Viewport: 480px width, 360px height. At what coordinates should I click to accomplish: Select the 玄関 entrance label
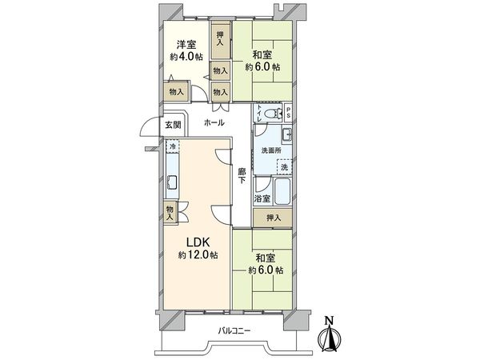pyautogui.click(x=173, y=125)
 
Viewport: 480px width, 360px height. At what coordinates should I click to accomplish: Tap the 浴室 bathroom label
pyautogui.click(x=262, y=197)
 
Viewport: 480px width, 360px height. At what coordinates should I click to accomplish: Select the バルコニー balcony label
pyautogui.click(x=233, y=330)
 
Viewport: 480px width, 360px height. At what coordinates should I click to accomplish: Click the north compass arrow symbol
pyautogui.click(x=329, y=334)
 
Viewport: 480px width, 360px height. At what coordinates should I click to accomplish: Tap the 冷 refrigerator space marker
pyautogui.click(x=173, y=147)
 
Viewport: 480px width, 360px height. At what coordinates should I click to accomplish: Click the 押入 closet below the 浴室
pyautogui.click(x=273, y=217)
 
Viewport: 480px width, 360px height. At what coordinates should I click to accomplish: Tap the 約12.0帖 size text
pyautogui.click(x=194, y=255)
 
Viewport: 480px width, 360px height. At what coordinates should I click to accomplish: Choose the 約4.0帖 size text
pyautogui.click(x=186, y=58)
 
